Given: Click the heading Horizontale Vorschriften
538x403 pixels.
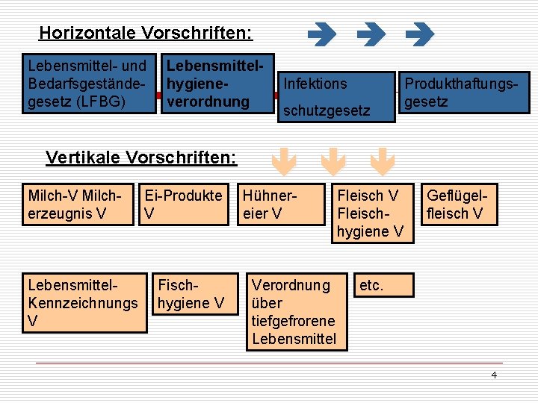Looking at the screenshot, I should (146, 34).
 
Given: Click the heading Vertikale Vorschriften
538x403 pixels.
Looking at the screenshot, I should (141, 157).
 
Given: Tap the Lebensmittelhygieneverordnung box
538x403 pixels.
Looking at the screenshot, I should (217, 83).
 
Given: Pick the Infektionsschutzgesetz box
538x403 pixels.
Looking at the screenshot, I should (336, 96).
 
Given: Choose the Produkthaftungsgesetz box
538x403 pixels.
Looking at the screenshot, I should (463, 93).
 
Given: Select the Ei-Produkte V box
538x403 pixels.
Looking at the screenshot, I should (185, 204).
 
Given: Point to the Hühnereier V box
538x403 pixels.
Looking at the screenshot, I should (282, 204).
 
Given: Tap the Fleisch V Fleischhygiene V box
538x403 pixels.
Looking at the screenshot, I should (371, 213).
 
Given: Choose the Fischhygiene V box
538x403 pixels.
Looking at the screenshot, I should (191, 293).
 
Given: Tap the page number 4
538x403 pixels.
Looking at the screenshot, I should (493, 375).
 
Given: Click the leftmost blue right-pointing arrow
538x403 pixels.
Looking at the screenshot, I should (322, 34).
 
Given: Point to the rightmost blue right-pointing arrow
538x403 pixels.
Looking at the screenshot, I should (419, 34).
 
